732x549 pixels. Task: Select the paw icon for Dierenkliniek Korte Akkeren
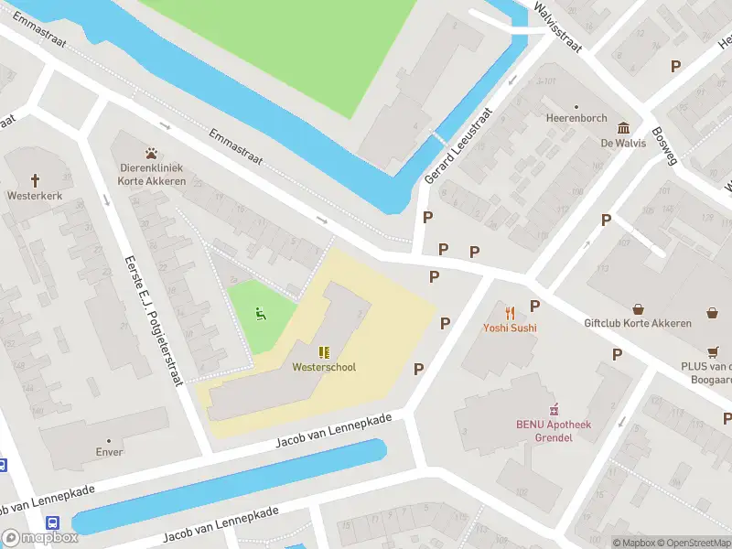click(x=152, y=153)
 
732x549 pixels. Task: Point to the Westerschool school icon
click(x=324, y=352)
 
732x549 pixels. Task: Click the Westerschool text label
click(x=324, y=367)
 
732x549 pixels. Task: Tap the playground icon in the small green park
click(x=261, y=315)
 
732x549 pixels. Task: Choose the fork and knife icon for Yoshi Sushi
click(x=510, y=313)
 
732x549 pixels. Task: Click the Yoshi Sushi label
click(x=510, y=328)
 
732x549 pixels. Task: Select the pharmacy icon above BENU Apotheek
click(x=553, y=410)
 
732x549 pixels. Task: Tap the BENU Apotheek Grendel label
click(x=553, y=431)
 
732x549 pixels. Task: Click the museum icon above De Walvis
click(x=623, y=128)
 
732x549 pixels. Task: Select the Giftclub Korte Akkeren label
click(x=640, y=323)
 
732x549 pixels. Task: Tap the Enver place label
click(x=109, y=452)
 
